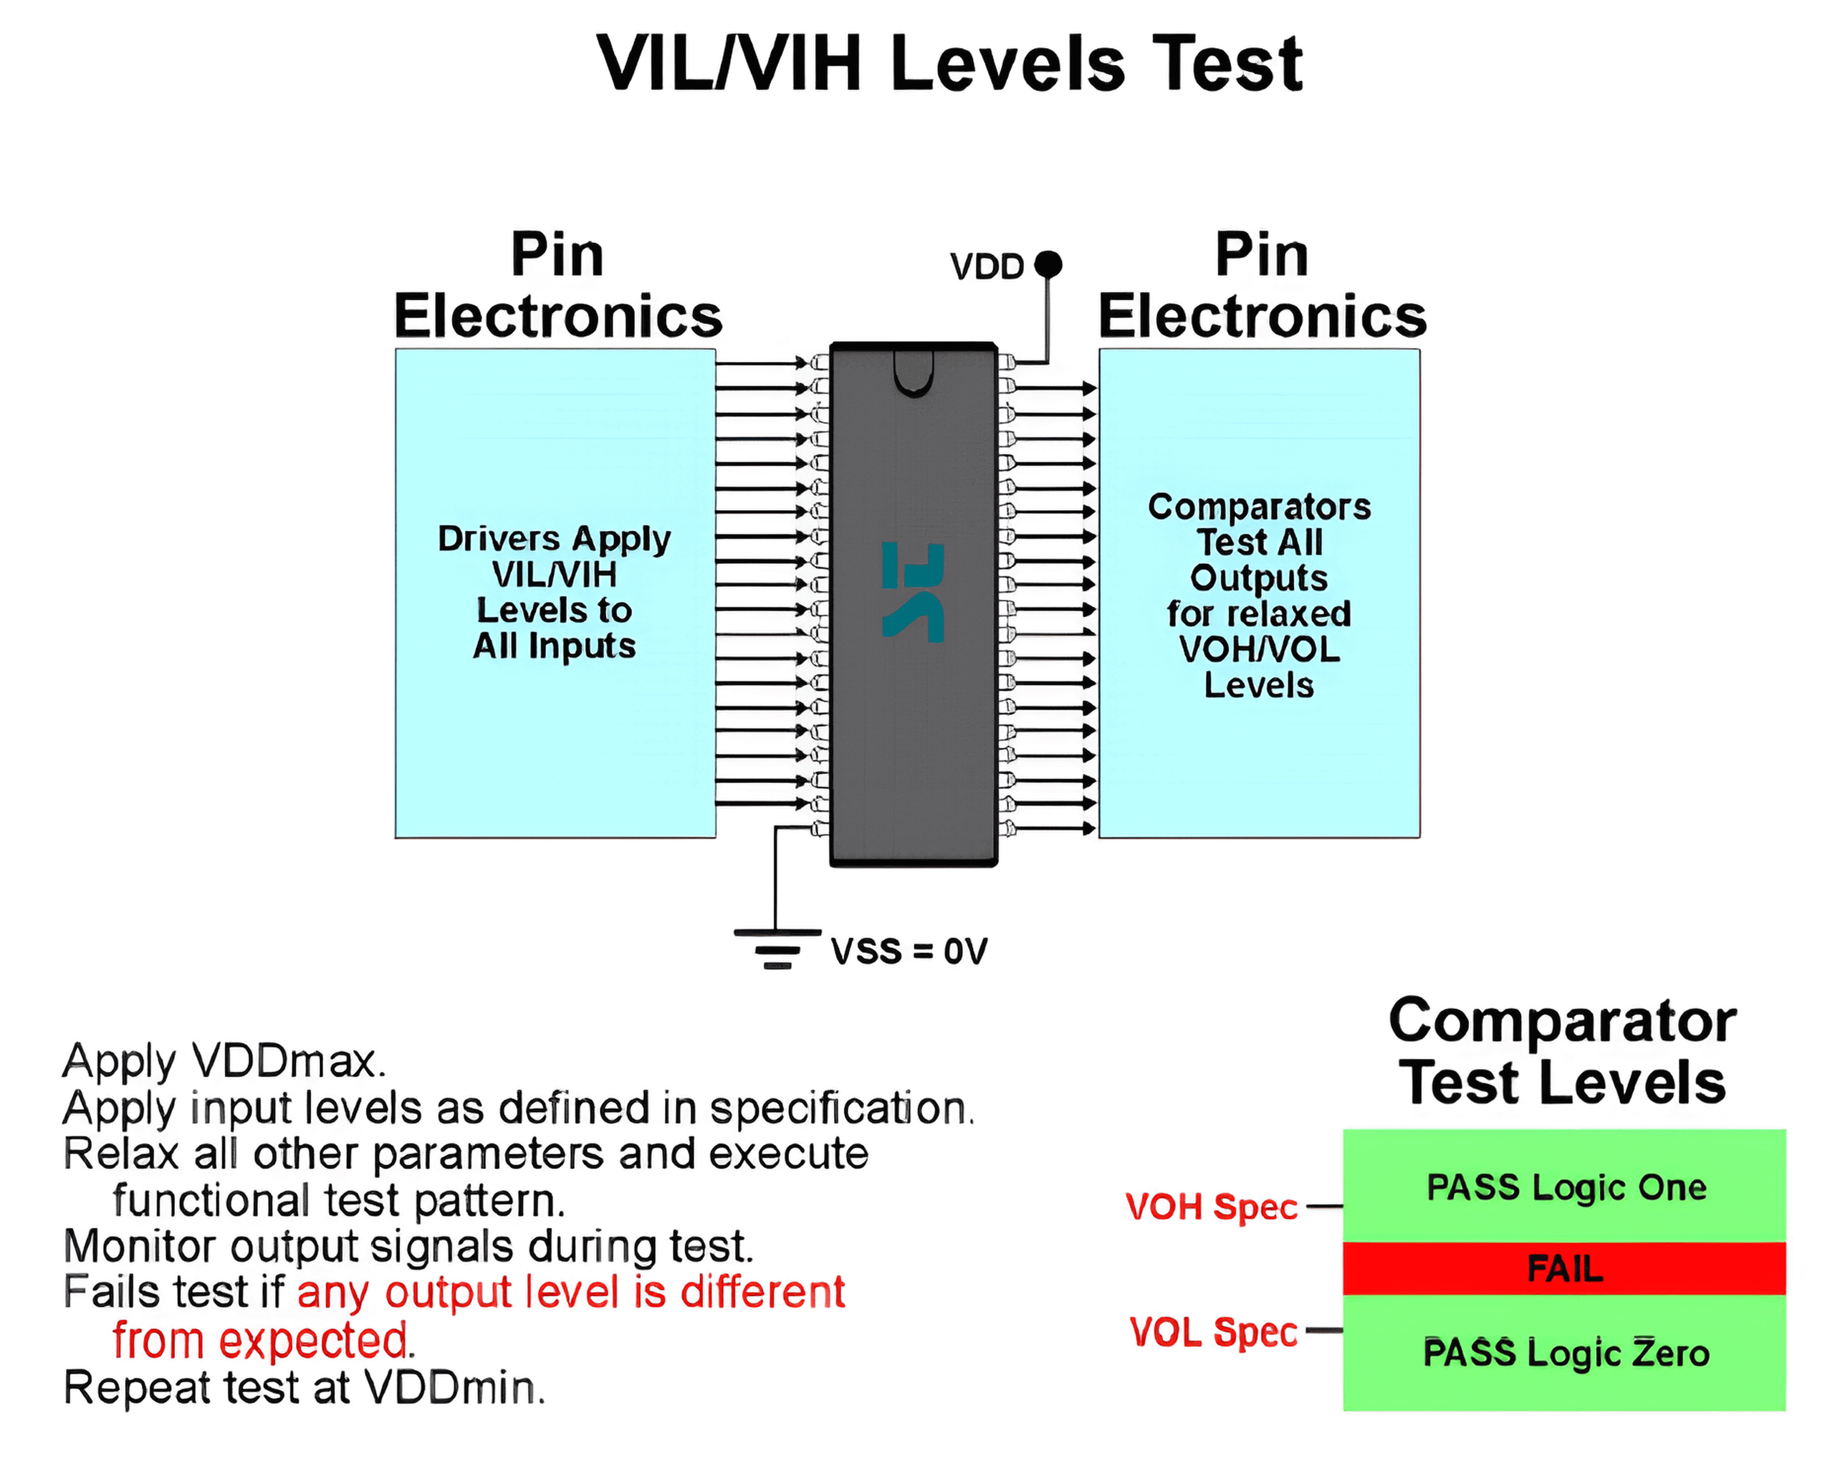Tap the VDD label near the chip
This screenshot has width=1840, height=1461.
click(987, 267)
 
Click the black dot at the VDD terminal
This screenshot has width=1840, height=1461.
click(1048, 264)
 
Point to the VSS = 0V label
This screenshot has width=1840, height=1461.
click(909, 951)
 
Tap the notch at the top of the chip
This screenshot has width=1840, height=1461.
click(913, 375)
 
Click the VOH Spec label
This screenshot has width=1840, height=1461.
click(1211, 1206)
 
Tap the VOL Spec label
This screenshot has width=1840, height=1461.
click(1213, 1332)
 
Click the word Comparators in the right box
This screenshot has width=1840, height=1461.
click(1259, 507)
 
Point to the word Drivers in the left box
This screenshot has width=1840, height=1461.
click(499, 539)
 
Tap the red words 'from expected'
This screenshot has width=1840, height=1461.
click(259, 1341)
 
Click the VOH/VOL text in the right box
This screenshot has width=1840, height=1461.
click(1259, 650)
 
